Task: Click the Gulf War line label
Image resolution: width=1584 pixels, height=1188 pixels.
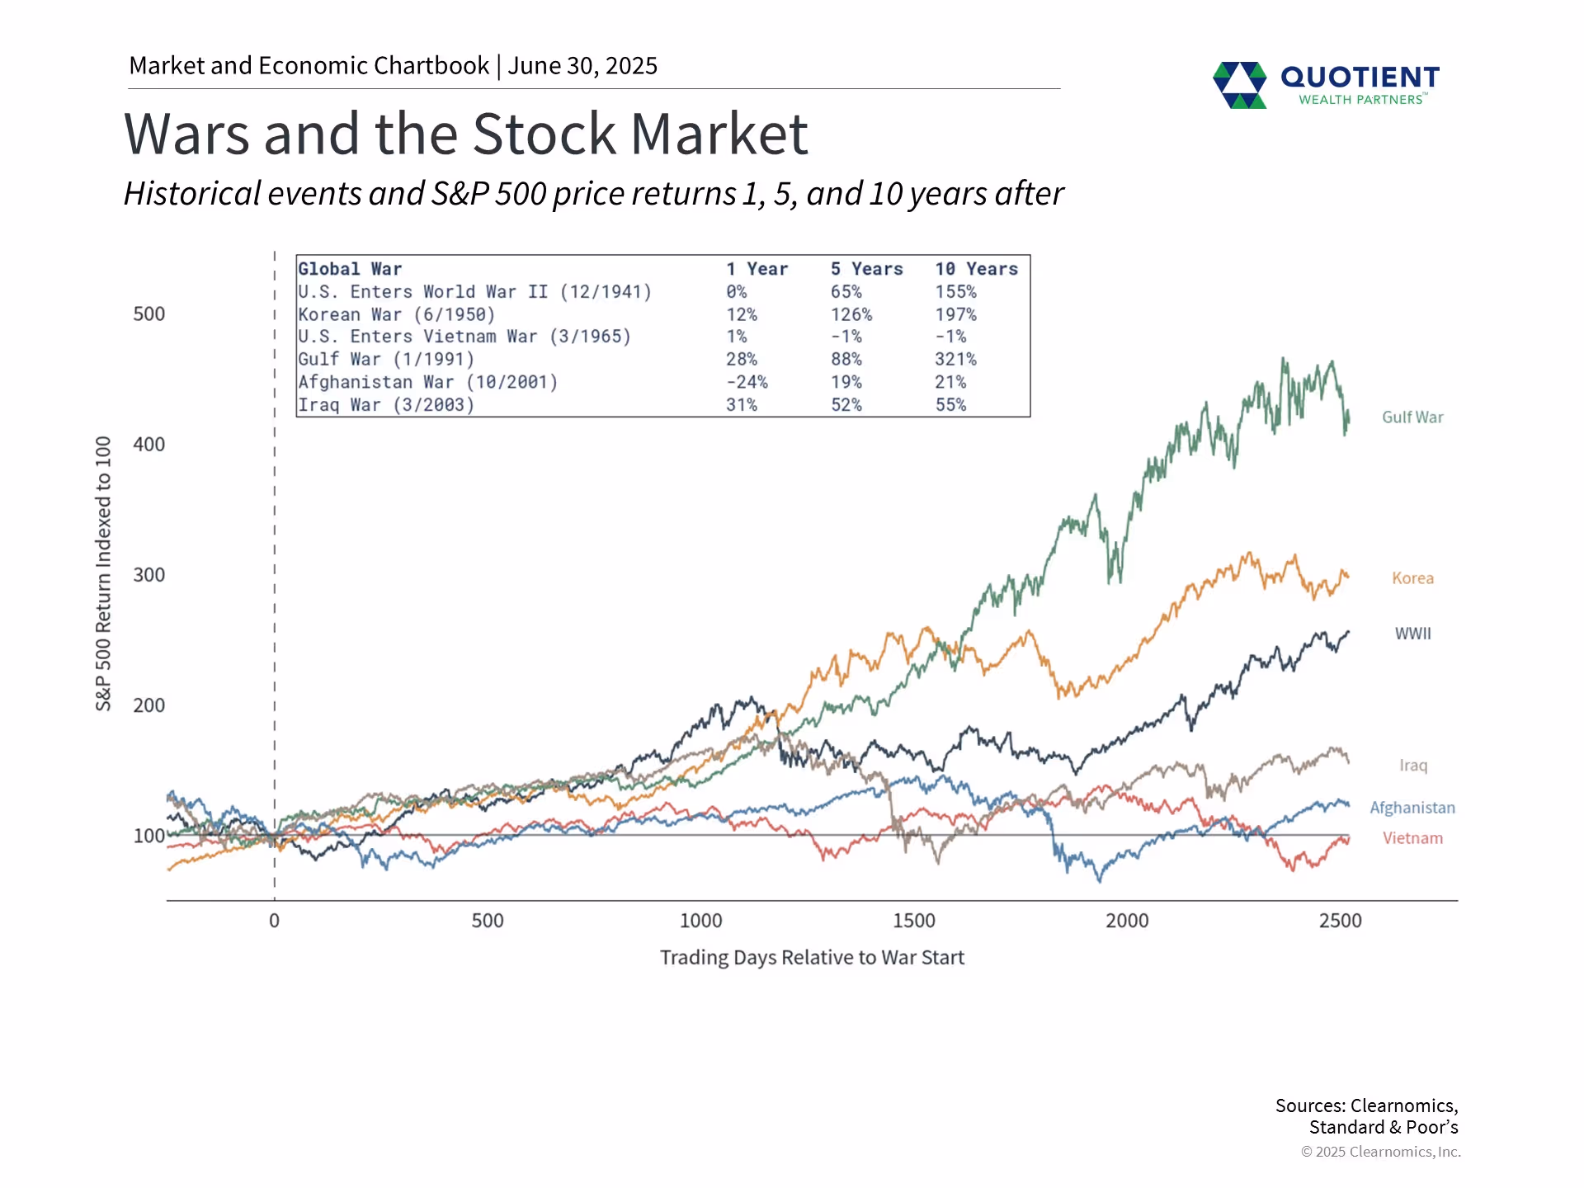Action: coord(1412,417)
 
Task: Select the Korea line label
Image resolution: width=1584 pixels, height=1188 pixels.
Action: coord(1412,578)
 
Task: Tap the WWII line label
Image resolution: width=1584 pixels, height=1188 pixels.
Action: coord(1412,634)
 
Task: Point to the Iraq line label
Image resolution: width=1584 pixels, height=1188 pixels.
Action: coord(1412,766)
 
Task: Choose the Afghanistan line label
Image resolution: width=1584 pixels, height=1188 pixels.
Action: coord(1412,808)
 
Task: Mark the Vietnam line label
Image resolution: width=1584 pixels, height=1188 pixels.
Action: coord(1412,838)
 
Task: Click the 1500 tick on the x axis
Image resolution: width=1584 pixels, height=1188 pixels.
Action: coord(913,921)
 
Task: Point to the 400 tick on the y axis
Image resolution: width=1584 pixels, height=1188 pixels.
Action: coord(149,445)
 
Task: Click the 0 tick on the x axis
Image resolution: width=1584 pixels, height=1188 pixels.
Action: coord(274,921)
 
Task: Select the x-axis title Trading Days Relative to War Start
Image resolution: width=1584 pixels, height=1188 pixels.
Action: coord(812,958)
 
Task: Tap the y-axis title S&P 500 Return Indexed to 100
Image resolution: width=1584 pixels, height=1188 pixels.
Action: coord(103,573)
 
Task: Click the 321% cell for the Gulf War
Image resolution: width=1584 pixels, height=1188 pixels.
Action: coord(955,360)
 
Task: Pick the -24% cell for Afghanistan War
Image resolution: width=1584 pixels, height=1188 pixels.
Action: coord(747,383)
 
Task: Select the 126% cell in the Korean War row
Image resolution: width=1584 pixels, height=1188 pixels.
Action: coord(851,315)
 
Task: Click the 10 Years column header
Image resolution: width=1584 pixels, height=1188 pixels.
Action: coord(976,269)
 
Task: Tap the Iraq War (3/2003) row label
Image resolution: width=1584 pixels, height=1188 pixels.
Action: coord(386,405)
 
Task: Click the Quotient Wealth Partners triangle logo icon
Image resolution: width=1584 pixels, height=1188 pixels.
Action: coord(1239,85)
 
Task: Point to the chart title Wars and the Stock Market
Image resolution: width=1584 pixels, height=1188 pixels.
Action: coord(465,134)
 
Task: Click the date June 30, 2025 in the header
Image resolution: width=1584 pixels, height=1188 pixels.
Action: coord(582,66)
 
